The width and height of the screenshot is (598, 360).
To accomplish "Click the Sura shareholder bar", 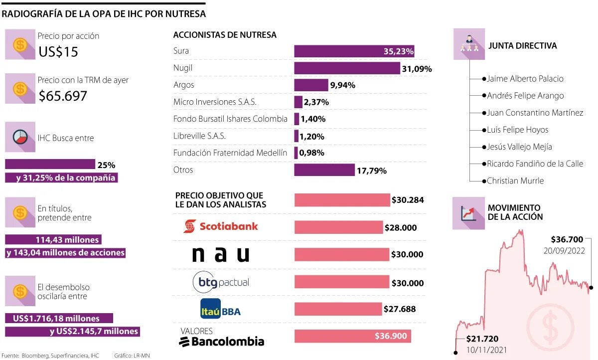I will pyautogui.click(x=354, y=51).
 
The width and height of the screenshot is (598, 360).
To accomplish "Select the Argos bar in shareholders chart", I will pyautogui.click(x=311, y=85).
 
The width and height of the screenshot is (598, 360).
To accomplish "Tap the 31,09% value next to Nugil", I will pyautogui.click(x=417, y=68).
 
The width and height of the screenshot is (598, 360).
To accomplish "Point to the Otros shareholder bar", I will pyautogui.click(x=324, y=170).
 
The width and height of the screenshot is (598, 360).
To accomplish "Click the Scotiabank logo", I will pyautogui.click(x=221, y=226).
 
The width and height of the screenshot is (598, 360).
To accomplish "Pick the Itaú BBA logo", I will pyautogui.click(x=220, y=309).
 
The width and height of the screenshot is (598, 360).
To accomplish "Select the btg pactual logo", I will pyautogui.click(x=221, y=283).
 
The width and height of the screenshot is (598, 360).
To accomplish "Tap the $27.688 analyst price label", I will pyautogui.click(x=400, y=309).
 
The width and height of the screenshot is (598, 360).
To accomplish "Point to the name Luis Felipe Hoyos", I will pyautogui.click(x=517, y=130).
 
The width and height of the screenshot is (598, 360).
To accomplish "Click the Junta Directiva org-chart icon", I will pyautogui.click(x=468, y=45).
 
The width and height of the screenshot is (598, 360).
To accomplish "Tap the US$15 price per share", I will pyautogui.click(x=58, y=52).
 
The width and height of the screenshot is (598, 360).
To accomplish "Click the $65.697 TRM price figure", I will pyautogui.click(x=63, y=96).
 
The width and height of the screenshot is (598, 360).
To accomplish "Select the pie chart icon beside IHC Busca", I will pyautogui.click(x=20, y=138).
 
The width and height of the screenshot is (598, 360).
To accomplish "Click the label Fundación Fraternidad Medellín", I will pyautogui.click(x=230, y=153).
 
